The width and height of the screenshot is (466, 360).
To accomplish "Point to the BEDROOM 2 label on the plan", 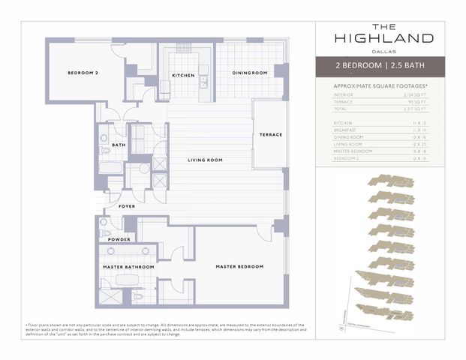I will (x=83, y=73).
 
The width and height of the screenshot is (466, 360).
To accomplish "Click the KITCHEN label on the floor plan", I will (x=184, y=76).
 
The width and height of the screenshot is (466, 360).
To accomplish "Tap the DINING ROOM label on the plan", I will (x=249, y=73).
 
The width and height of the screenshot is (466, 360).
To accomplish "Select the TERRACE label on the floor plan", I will (x=270, y=135).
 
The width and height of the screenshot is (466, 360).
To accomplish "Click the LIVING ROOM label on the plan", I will (x=205, y=160).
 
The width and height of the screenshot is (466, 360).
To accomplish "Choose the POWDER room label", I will (x=119, y=239).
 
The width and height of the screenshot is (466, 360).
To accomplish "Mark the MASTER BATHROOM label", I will (x=128, y=267).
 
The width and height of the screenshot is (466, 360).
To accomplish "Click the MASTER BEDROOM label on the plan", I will (x=239, y=267).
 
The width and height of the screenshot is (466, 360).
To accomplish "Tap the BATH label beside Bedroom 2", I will (x=119, y=145).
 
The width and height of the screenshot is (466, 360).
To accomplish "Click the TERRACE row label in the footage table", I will (x=344, y=102).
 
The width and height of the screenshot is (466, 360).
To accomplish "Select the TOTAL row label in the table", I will (x=341, y=109).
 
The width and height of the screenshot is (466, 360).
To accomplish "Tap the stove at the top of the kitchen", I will (x=184, y=49).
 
